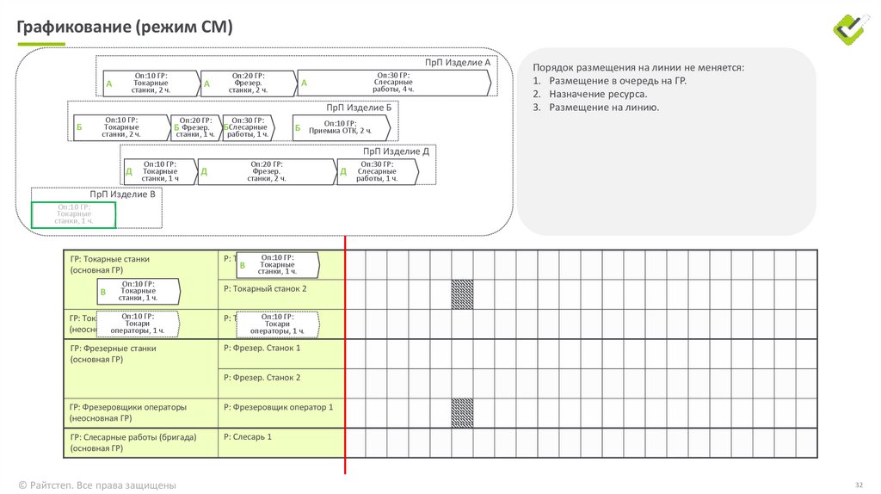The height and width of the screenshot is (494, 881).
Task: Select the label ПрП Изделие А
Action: [x=458, y=63]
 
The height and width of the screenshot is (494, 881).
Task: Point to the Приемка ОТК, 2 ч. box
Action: [x=342, y=127]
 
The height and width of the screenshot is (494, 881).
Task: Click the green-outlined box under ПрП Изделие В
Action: [x=74, y=214]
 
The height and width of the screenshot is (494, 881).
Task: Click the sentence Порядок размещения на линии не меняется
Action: [x=638, y=66]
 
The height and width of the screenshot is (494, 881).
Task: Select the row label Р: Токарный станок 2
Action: [x=264, y=289]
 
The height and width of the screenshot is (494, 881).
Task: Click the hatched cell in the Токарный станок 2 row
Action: [x=462, y=294]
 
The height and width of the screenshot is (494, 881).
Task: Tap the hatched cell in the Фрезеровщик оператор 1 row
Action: [x=462, y=412]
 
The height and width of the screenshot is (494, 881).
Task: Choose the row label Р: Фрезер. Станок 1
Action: [x=262, y=348]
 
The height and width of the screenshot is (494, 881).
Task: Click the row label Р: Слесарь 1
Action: [x=248, y=437]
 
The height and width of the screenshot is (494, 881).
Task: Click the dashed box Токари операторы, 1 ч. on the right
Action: [x=277, y=324]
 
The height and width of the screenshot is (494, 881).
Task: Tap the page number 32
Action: [x=858, y=485]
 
